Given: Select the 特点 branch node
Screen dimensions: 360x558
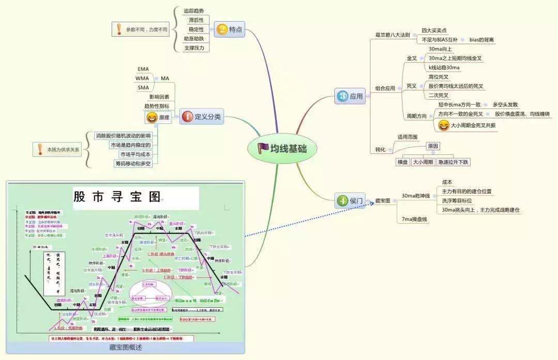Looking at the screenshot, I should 229,29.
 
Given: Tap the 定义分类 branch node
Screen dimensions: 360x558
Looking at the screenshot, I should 202,117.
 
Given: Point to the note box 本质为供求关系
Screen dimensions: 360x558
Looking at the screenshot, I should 57,150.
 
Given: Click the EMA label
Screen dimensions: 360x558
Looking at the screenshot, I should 143,69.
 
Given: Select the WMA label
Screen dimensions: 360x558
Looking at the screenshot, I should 142,78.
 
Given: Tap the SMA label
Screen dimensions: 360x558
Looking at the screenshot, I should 143,87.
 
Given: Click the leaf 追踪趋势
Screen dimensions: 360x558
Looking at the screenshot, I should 194,10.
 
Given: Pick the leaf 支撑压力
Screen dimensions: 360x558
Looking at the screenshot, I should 194,48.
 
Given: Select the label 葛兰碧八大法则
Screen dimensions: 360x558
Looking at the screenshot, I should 392,35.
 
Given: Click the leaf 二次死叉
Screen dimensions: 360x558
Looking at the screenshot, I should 439,95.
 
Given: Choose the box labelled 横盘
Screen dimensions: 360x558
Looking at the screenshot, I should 402,162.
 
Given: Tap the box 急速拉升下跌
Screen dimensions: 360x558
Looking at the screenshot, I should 453,162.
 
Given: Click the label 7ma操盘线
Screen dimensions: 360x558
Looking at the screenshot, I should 415,220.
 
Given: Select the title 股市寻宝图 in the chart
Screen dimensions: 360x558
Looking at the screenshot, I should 117,197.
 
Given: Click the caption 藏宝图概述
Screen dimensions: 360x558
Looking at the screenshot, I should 126,348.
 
